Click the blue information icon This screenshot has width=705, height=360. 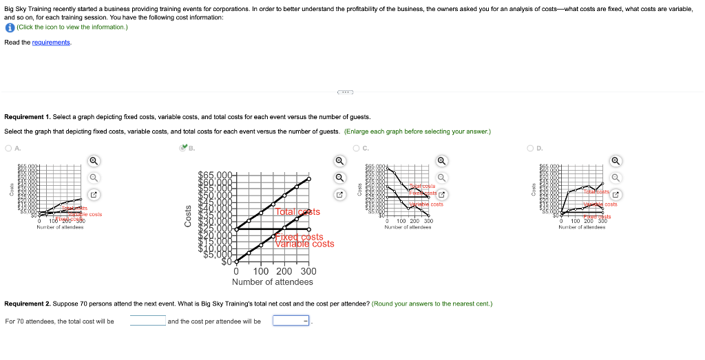[x=9, y=27]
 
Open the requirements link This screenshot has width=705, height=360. [x=51, y=43]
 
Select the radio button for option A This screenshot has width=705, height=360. [x=8, y=147]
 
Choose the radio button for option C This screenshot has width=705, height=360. [x=356, y=147]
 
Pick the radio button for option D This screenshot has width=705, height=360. [x=530, y=147]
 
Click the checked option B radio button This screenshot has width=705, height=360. [x=182, y=147]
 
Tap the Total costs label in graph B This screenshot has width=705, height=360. [x=297, y=212]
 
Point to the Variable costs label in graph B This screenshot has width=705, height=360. [x=304, y=244]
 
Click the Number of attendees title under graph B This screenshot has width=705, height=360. [x=272, y=282]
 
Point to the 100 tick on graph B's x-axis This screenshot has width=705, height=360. [x=262, y=271]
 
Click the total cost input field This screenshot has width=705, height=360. [x=147, y=321]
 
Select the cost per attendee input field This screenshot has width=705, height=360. [x=291, y=321]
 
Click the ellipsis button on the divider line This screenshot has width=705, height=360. [x=346, y=92]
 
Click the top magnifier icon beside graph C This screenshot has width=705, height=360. [x=443, y=160]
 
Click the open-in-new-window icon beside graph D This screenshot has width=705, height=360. [x=617, y=195]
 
